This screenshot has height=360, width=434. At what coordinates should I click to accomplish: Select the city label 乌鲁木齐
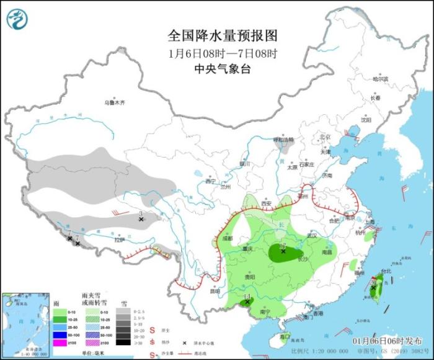coord(114,102)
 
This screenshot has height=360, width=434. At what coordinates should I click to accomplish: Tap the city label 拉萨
coord(120,239)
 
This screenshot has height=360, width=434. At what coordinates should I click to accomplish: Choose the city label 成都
coord(228,238)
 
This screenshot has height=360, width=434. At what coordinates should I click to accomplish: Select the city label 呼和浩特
coord(285,140)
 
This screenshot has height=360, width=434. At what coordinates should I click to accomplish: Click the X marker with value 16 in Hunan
coord(283,251)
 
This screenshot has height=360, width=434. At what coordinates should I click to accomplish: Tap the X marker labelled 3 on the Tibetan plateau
coord(141,219)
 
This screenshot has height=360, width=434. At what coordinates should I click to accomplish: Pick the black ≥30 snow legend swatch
coord(123,343)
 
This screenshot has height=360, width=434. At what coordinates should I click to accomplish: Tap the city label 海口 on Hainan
coord(286,336)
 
